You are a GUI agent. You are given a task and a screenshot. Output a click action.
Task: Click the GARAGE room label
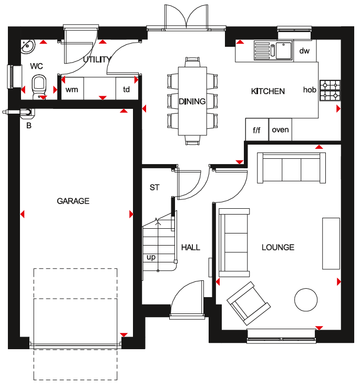pyautogui.click(x=73, y=201)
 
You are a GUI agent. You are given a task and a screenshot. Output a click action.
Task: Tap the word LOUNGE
pyautogui.click(x=278, y=247)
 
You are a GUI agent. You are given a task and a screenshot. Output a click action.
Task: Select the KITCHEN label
pyautogui.click(x=268, y=92)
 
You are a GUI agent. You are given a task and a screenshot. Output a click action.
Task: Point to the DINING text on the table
pyautogui.click(x=192, y=101)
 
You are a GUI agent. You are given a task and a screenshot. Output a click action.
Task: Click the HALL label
pyautogui.click(x=191, y=247)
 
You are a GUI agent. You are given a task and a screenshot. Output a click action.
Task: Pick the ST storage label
pyautogui.click(x=155, y=188)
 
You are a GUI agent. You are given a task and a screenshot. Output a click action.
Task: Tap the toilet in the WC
pyautogui.click(x=39, y=87)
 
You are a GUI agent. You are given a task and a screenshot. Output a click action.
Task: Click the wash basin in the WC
pyautogui.click(x=27, y=46)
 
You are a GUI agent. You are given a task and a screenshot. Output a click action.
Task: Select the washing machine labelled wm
pyautogui.click(x=73, y=88)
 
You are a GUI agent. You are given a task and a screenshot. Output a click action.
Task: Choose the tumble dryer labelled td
pyautogui.click(x=127, y=88)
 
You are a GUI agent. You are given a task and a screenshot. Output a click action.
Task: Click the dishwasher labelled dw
pyautogui.click(x=305, y=50)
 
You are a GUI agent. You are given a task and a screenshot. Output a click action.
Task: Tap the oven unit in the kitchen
pyautogui.click(x=280, y=129)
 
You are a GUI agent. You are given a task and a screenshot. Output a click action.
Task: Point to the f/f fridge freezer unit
pyautogui.click(x=257, y=129)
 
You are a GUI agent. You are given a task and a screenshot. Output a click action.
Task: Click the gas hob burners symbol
pyautogui.click(x=330, y=90)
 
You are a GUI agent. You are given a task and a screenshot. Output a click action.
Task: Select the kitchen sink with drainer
pyautogui.click(x=273, y=50)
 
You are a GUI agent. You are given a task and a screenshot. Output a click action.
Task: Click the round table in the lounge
pyautogui.click(x=306, y=300)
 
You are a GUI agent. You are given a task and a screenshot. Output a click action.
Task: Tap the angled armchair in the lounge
pyautogui.click(x=249, y=303)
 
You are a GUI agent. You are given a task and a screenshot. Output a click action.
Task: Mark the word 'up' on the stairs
pyautogui.click(x=151, y=257)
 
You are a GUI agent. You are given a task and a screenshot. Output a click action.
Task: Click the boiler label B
pyautogui.click(x=29, y=126)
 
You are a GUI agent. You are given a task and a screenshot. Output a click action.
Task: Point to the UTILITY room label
pyautogui.click(x=97, y=59)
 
